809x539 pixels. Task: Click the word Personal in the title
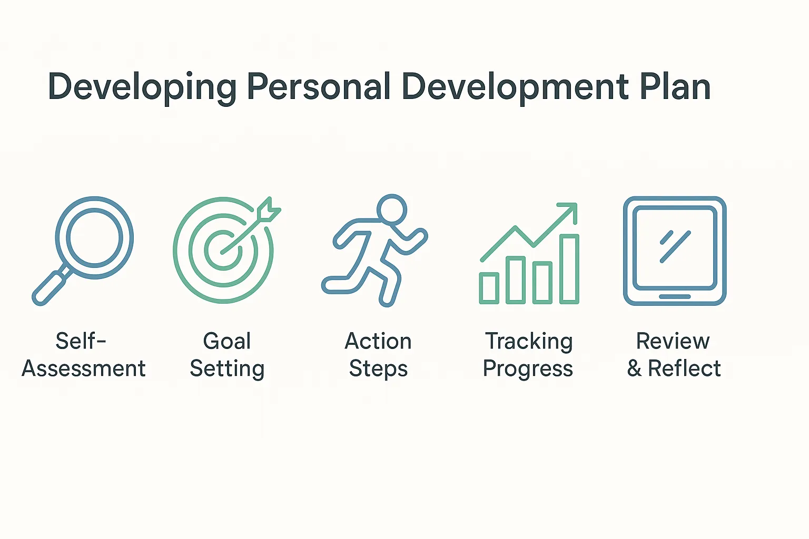319,87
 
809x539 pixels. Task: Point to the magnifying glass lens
95,237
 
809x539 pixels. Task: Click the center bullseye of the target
223,250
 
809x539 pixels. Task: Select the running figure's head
392,209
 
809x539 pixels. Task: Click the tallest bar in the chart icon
569,269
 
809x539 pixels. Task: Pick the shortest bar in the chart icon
489,288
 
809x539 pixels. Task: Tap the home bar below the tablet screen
675,297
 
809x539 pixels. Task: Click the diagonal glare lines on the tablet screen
675,246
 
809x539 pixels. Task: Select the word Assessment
84,368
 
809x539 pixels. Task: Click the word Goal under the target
227,341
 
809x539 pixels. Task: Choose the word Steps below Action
378,369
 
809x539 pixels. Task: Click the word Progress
528,369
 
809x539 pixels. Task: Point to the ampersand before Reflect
634,368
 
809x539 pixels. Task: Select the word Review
673,341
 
